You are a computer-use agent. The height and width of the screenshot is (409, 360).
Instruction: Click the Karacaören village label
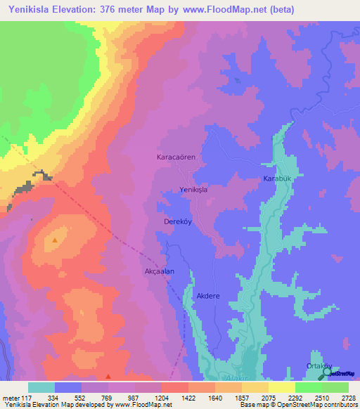pos(180,158)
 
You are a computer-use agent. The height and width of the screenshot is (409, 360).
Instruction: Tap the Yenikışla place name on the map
pos(197,190)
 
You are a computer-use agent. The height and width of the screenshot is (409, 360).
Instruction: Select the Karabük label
pos(276,179)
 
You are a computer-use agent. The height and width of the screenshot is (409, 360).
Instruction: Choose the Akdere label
pos(208,296)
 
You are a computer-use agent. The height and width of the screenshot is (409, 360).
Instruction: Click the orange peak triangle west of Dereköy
pos(55,241)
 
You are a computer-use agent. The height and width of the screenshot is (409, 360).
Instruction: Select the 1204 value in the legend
pos(161,397)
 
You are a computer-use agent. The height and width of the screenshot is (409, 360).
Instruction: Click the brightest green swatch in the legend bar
pos(309,387)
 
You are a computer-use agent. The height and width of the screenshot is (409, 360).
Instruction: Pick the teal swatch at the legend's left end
pos(41,387)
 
